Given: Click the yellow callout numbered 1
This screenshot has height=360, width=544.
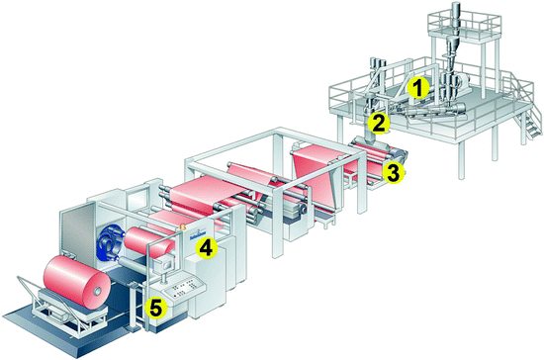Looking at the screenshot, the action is tap(418, 87).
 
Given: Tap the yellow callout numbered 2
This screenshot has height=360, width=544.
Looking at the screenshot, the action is tap(379, 123).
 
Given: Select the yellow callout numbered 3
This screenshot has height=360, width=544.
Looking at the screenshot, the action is tap(394, 173).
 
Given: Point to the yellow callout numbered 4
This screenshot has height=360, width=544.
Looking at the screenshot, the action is tap(206, 248).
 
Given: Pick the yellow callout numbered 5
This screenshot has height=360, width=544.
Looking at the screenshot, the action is tap(155, 308).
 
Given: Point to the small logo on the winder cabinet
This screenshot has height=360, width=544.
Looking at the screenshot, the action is tap(197, 237).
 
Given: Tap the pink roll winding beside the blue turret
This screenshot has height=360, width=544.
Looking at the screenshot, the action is tap(149, 242).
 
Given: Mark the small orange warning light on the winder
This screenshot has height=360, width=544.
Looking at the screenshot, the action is tap(182, 227).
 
